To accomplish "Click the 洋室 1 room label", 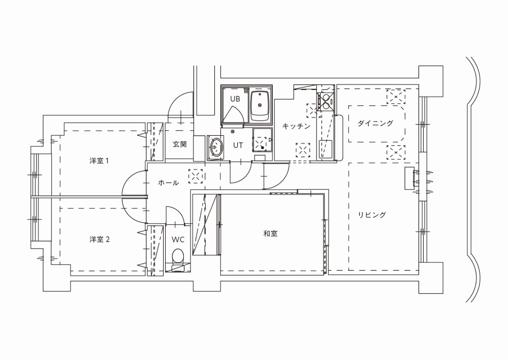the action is [99, 161].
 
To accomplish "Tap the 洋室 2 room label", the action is [100, 239].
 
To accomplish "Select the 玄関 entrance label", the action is [179, 144].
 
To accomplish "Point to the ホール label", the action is [169, 183].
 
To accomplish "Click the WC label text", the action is [178, 239].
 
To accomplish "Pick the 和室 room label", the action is [270, 233].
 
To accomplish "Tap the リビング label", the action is [372, 215].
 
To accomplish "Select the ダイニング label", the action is [375, 123].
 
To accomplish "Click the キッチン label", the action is [296, 126].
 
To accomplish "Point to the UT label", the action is [238, 145].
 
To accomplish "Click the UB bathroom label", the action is [235, 99].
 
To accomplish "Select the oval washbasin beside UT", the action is [216, 147].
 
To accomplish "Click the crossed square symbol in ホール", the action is [196, 176].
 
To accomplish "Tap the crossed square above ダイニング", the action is [396, 97].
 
